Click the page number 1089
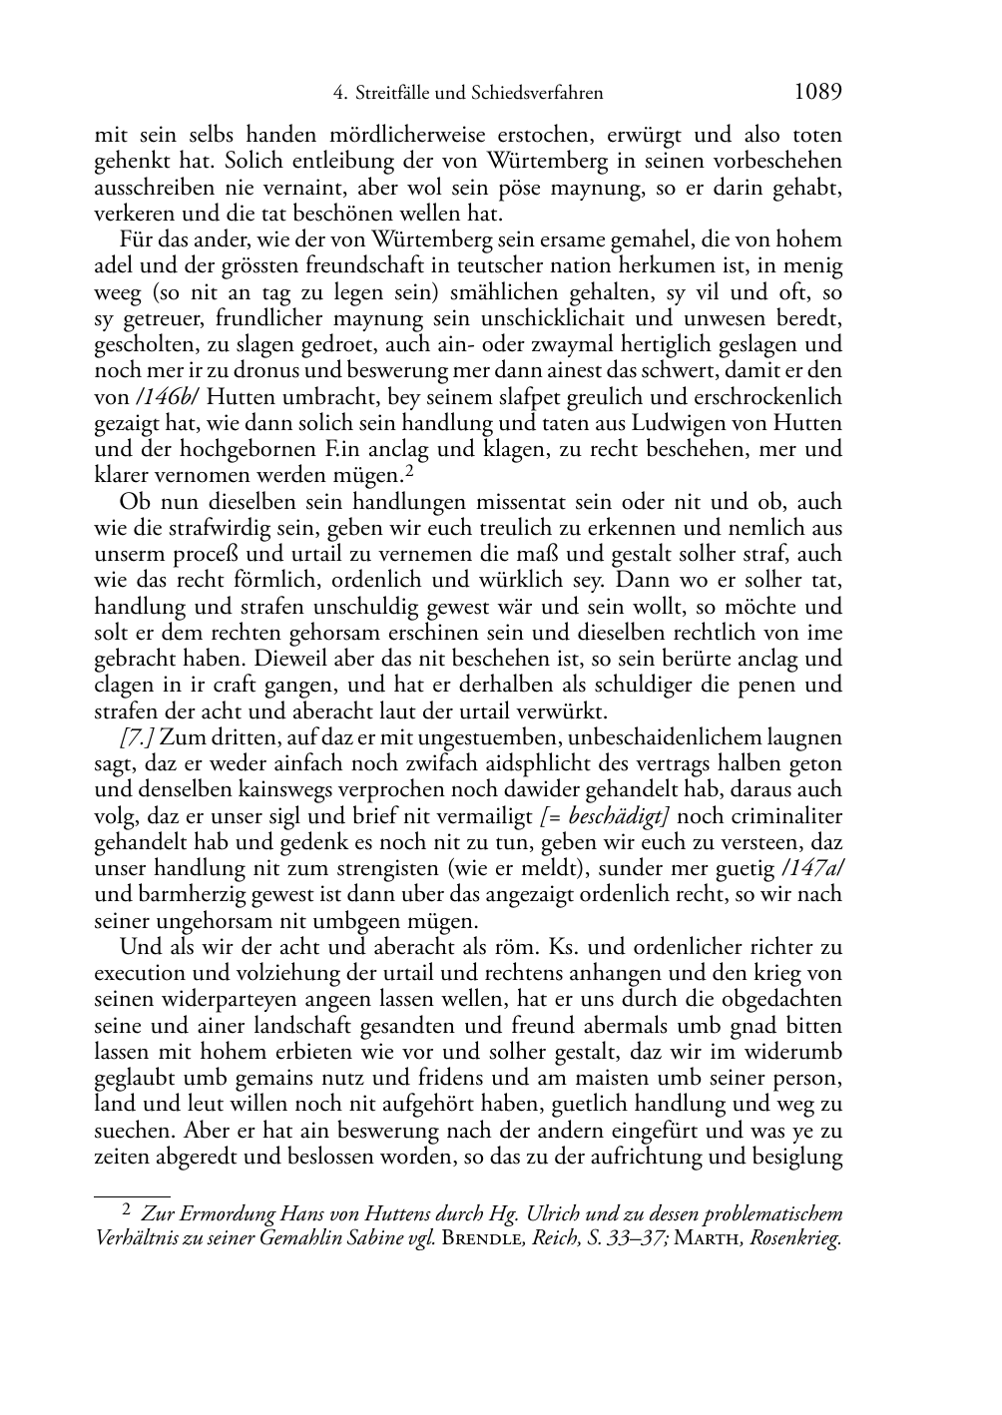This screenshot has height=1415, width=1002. pyautogui.click(x=817, y=93)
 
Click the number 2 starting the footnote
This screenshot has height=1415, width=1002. pyautogui.click(x=126, y=1211)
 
